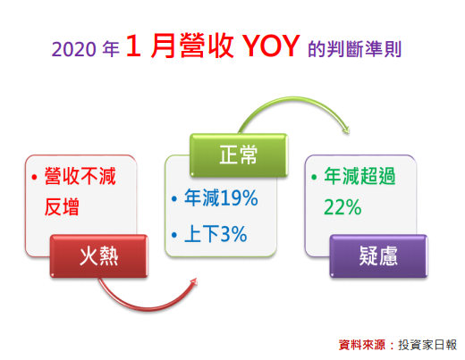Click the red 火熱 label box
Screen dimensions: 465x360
[99, 256]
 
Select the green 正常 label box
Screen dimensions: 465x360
[239, 155]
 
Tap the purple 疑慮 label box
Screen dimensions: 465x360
[378, 256]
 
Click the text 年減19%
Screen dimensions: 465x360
[221, 197]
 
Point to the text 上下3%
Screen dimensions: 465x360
[216, 234]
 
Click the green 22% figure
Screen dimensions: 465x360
[342, 207]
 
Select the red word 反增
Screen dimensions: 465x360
[62, 207]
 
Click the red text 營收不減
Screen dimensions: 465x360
[80, 176]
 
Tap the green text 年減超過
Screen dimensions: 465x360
[359, 176]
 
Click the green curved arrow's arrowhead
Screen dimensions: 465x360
[346, 130]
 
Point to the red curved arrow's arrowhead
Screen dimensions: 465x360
[193, 281]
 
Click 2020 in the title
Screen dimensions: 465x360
[73, 49]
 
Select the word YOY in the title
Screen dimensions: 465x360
[271, 46]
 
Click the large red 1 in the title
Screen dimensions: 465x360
[133, 46]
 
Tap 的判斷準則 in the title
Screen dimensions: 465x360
[355, 49]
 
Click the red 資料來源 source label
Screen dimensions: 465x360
[361, 345]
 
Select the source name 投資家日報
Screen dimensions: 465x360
[427, 345]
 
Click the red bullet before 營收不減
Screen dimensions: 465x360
[34, 178]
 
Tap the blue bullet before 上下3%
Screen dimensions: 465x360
[174, 235]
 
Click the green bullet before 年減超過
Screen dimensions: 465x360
[314, 178]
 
